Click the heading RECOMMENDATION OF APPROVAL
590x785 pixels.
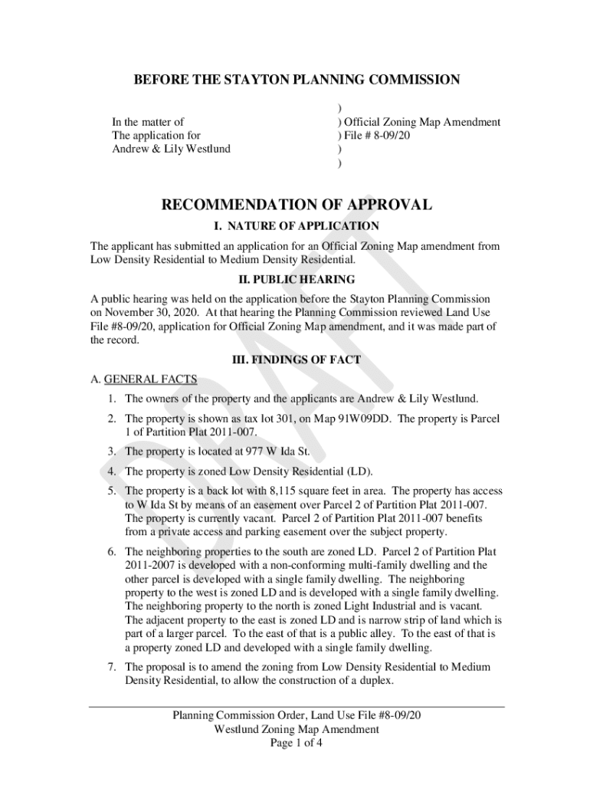296,205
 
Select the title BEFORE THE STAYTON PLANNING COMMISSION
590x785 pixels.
297,80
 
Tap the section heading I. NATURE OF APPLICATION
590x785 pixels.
296,226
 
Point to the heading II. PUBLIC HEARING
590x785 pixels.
296,280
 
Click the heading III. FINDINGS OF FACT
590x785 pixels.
296,360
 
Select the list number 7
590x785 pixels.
111,667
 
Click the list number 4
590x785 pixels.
111,471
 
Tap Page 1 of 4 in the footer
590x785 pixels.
297,743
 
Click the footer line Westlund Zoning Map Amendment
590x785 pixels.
297,729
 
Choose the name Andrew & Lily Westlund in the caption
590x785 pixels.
172,149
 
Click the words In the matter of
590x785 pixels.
148,122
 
